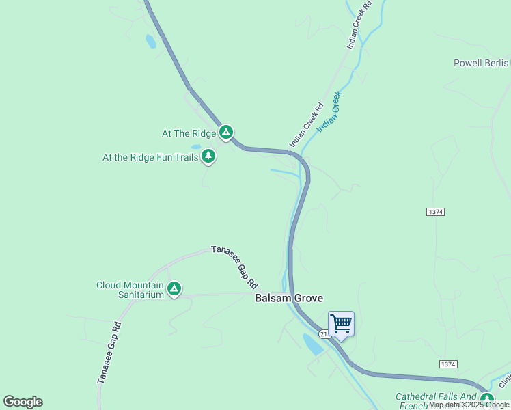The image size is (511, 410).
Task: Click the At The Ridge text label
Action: point(188,133)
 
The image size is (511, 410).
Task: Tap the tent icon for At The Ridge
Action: point(226,132)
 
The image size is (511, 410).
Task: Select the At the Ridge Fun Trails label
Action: point(150,157)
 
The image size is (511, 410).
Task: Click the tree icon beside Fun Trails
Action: point(208,156)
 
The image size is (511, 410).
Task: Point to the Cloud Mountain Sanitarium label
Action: point(130,290)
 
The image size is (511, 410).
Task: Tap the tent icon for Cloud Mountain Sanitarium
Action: point(174,289)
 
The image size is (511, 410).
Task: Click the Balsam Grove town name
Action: point(288,298)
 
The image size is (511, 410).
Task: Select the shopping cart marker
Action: point(341,323)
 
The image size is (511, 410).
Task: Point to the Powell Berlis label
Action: point(482,64)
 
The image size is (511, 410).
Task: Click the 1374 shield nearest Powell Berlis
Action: point(436,212)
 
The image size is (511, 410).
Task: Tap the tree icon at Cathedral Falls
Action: point(486,398)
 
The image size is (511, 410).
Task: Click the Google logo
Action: point(23,402)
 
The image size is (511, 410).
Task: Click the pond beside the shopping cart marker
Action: point(313,344)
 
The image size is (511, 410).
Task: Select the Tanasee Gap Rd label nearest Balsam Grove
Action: point(234,266)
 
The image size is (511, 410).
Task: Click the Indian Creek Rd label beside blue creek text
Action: point(306,125)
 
